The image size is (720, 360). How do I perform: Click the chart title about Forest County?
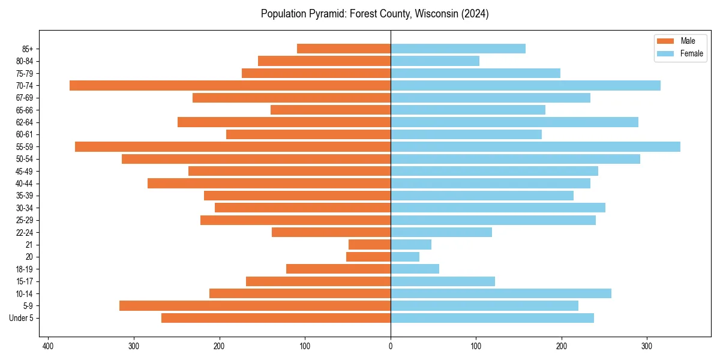374,14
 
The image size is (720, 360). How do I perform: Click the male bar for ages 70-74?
230,86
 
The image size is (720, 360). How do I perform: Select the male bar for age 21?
370,245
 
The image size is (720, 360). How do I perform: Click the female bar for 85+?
458,49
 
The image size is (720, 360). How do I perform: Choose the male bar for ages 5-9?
255,306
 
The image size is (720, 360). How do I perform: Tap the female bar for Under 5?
492,318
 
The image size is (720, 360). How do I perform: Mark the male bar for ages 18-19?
338,269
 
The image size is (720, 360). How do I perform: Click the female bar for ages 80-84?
435,61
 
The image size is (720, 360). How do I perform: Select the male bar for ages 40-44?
269,184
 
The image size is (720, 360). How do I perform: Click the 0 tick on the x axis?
391,346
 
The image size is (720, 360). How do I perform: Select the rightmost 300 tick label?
647,346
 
